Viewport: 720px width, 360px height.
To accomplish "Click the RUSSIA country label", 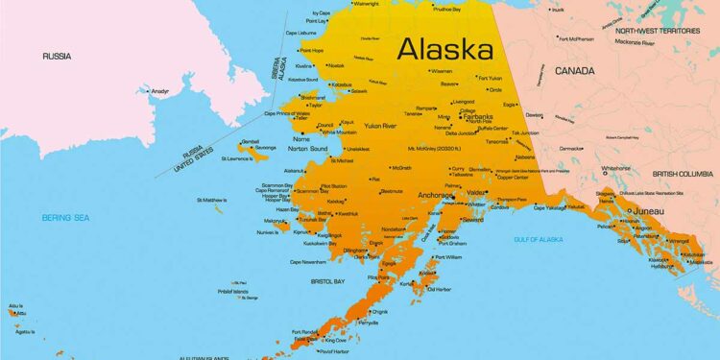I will [57, 57].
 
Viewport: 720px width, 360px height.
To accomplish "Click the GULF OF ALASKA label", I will [539, 238].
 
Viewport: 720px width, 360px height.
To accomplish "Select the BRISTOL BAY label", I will [327, 281].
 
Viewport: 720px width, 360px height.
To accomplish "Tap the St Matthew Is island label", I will [211, 200].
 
